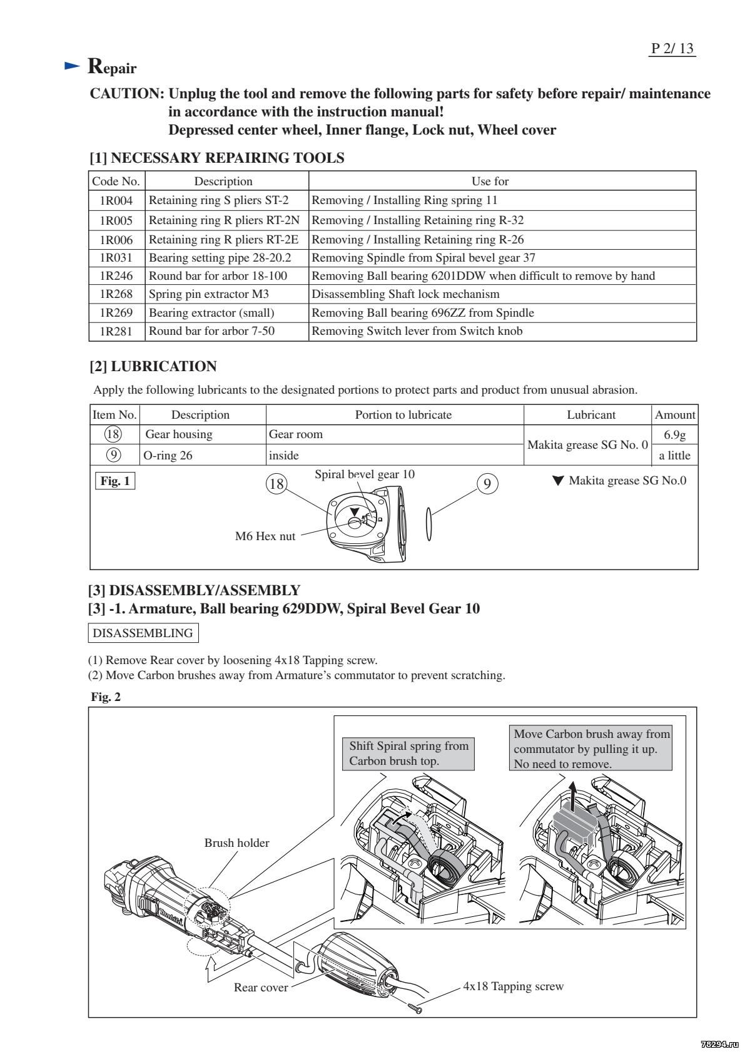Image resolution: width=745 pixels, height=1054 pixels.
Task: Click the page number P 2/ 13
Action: coord(673,49)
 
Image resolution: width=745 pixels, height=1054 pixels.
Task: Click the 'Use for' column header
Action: coord(490,182)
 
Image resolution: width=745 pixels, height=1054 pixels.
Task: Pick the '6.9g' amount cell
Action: coord(674,434)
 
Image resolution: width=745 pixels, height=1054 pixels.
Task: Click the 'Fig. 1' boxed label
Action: coord(114,481)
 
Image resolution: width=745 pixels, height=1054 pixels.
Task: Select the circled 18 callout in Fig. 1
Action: coord(276,484)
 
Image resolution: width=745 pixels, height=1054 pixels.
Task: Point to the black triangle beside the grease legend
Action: coord(558,481)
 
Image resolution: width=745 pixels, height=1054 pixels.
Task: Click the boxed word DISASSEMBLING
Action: coord(143,633)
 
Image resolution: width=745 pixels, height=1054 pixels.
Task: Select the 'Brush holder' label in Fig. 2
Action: coord(236,843)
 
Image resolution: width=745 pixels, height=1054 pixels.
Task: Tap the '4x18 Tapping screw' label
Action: coord(513,986)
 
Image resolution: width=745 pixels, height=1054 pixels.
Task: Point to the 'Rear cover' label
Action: coord(261,988)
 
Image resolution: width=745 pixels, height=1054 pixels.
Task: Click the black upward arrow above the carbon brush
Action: coord(574,792)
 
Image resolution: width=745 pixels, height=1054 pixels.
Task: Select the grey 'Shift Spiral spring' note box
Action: coord(408,754)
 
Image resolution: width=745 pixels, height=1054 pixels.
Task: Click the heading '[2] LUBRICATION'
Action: coord(153,367)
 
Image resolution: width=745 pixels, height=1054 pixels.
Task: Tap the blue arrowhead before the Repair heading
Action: coord(73,66)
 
